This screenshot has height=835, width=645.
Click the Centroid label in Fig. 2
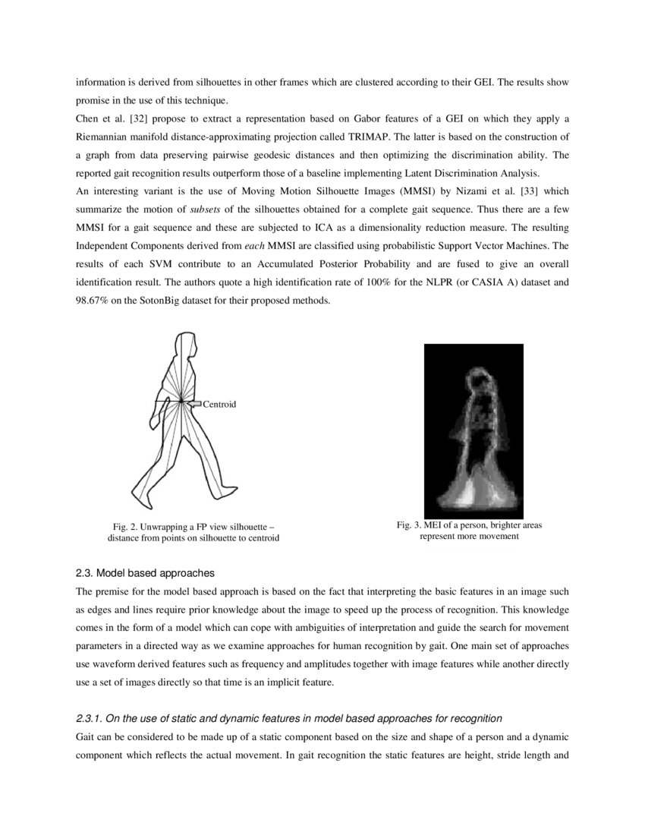point(219,404)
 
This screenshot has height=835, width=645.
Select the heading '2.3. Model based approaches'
point(146,572)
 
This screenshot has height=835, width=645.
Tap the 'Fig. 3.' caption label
point(410,525)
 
